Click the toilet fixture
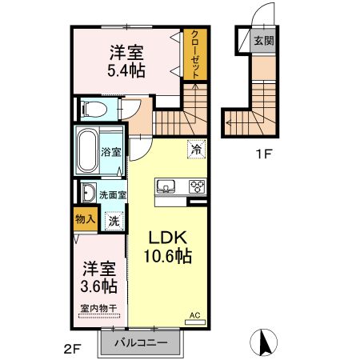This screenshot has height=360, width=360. tap(94, 109)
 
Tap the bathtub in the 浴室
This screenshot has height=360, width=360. tap(87, 151)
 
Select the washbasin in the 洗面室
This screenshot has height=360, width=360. tap(88, 193)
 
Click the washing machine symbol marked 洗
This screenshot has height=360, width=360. tap(114, 221)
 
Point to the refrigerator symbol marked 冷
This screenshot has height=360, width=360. tap(197, 150)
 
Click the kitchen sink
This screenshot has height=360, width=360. tap(166, 186)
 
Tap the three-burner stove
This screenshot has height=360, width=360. tap(197, 186)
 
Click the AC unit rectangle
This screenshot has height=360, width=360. tap(195, 322)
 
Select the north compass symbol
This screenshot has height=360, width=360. tap(263, 342)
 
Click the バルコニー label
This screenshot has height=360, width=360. tap(141, 342)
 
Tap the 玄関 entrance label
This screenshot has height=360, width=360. tap(264, 41)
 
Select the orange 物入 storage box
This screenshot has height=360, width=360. tap(86, 219)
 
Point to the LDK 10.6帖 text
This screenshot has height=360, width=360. tap(168, 246)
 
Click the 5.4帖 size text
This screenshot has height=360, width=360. tap(126, 71)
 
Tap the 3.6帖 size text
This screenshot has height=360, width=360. tap(99, 286)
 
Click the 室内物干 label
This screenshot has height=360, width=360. tap(99, 309)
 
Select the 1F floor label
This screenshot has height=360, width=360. tap(263, 154)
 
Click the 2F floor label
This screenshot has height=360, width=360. tap(72, 349)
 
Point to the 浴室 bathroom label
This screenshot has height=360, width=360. tap(111, 152)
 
